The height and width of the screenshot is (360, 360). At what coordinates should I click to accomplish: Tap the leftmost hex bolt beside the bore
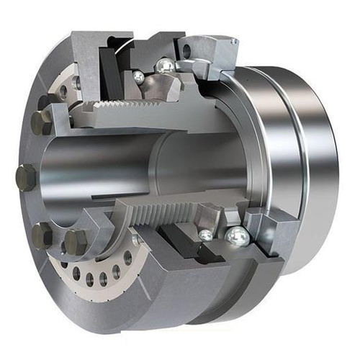pos(24,177)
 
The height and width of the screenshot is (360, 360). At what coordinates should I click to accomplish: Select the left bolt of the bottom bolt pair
pos(42,235)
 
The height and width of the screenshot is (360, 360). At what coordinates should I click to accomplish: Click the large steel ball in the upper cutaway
pos(165,66)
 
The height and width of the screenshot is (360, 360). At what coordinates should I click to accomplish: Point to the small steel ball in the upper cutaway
pos(138,76)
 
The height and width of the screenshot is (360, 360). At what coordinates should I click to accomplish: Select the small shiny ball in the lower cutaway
pos(207,235)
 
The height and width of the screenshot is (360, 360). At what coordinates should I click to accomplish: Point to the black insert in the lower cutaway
pos(184,242)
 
